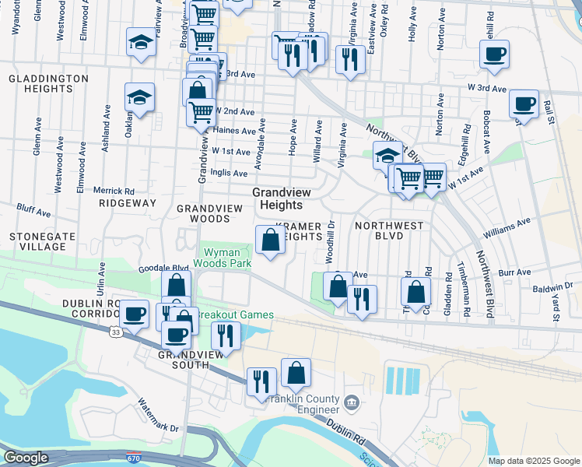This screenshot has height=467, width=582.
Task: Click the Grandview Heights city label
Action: (276, 198)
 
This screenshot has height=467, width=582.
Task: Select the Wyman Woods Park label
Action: (228, 258)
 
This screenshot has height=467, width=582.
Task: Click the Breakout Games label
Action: (236, 314)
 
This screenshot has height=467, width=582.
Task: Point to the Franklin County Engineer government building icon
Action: (351, 403)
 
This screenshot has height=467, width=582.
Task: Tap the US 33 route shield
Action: (114, 332)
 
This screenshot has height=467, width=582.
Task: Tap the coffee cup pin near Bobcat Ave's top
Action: (494, 55)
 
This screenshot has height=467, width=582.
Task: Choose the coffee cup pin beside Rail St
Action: (524, 105)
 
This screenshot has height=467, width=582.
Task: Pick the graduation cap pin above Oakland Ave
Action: (140, 98)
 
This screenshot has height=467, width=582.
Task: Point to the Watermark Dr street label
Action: (158, 416)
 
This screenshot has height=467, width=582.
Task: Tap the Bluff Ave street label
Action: (33, 211)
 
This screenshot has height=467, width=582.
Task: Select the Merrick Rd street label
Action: (114, 191)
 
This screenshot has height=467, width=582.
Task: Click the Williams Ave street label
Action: (506, 226)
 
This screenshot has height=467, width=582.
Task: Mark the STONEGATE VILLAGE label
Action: (37, 241)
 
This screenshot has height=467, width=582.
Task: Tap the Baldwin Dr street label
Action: (552, 289)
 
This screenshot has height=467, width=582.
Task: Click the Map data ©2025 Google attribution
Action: (533, 461)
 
